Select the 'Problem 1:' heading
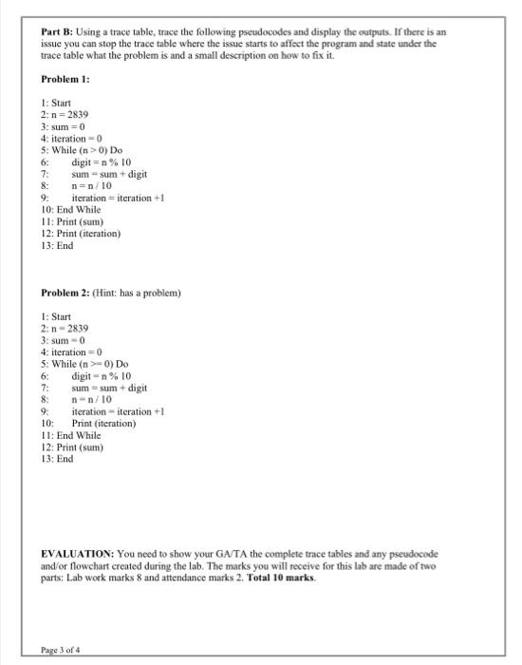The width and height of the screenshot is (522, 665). tap(64, 80)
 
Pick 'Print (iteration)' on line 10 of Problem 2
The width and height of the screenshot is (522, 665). tap(110, 423)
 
